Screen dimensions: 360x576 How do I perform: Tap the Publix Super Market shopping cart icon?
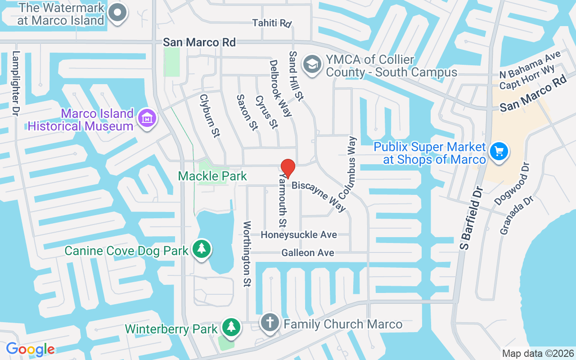point(499,151)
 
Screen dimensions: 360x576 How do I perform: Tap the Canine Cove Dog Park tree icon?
point(202,249)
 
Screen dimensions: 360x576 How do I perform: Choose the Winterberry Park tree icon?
point(231,327)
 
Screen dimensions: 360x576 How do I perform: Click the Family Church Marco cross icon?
point(270,323)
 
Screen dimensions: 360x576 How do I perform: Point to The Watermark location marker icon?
point(118,12)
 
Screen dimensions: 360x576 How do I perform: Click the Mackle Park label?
point(212,176)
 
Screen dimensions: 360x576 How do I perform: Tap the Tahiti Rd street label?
point(272,23)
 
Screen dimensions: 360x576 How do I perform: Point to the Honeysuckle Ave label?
point(299,235)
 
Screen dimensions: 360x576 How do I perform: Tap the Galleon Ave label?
point(308,253)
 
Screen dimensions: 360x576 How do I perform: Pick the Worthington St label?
point(247,254)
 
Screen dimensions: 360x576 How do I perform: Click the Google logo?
point(30,349)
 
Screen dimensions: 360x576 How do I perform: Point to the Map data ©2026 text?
point(538,354)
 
